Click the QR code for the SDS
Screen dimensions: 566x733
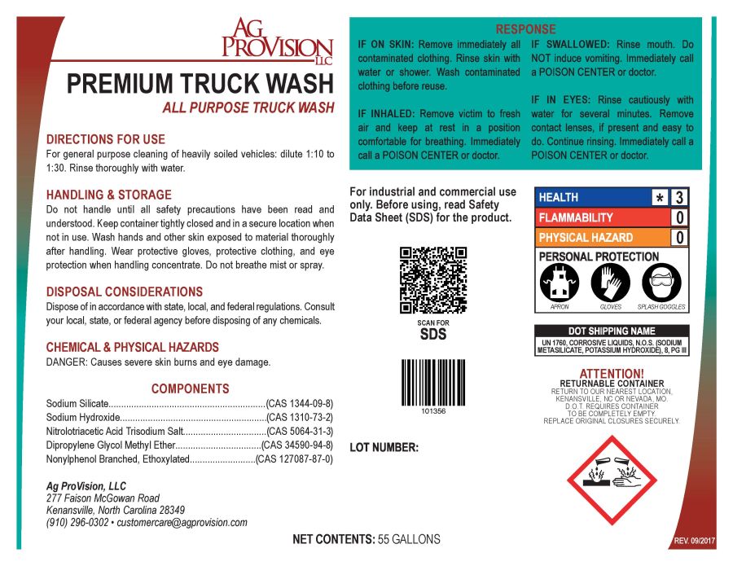tap(432, 279)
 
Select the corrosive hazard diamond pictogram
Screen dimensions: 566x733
tap(622, 480)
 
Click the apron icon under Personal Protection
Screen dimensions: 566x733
tap(560, 284)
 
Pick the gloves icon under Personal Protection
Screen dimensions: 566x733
tap(610, 284)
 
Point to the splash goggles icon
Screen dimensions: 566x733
tap(661, 284)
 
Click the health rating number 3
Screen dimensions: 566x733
tap(678, 197)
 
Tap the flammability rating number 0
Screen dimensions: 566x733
tap(678, 217)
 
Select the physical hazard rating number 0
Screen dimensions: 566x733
tap(678, 238)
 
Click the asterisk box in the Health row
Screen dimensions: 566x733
tap(659, 197)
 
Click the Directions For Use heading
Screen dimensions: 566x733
tap(106, 139)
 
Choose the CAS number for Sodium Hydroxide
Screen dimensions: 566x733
tap(300, 417)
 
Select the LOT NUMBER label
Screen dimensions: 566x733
tap(384, 447)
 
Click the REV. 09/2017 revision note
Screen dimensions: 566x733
tap(693, 542)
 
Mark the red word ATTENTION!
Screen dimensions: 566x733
tap(611, 374)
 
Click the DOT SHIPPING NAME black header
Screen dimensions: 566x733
tap(611, 331)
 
